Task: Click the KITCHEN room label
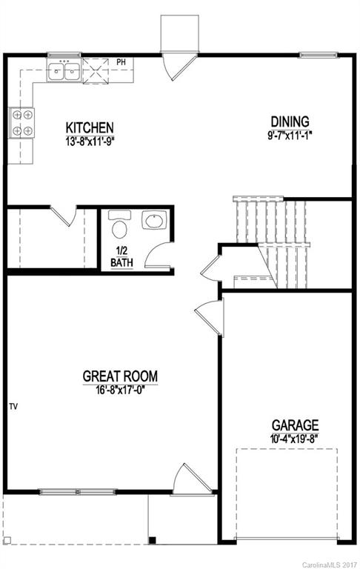coord(89,127)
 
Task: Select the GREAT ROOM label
coord(120,376)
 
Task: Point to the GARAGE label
coord(295,425)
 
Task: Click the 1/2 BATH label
coord(122,256)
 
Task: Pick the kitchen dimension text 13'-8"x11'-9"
coord(89,139)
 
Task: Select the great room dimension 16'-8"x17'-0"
coord(120,389)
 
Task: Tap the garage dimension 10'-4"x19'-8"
coord(295,438)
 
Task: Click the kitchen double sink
coord(64,72)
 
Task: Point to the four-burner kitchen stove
coord(21,123)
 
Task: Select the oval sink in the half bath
coord(153,222)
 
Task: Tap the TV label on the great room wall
coord(13,407)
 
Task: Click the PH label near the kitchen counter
coord(121,61)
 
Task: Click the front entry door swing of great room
coord(184,480)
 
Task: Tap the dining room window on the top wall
coord(319,54)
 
